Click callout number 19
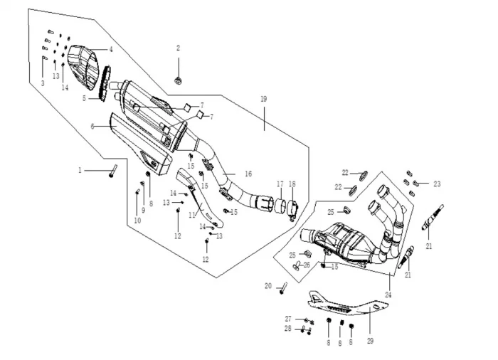pyautogui.click(x=264, y=100)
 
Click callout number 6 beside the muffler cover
pyautogui.click(x=92, y=127)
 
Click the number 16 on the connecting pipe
pyautogui.click(x=248, y=173)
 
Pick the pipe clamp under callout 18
pyautogui.click(x=292, y=211)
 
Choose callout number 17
pyautogui.click(x=280, y=184)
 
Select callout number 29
pyautogui.click(x=370, y=341)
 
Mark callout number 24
pyautogui.click(x=388, y=295)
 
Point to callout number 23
pyautogui.click(x=437, y=184)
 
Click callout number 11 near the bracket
pyautogui.click(x=191, y=214)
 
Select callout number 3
pyautogui.click(x=43, y=83)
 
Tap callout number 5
pyautogui.click(x=83, y=99)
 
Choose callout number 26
pyautogui.click(x=307, y=264)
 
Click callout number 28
pyautogui.click(x=288, y=329)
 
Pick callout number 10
pyautogui.click(x=137, y=221)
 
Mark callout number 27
pyautogui.click(x=288, y=318)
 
